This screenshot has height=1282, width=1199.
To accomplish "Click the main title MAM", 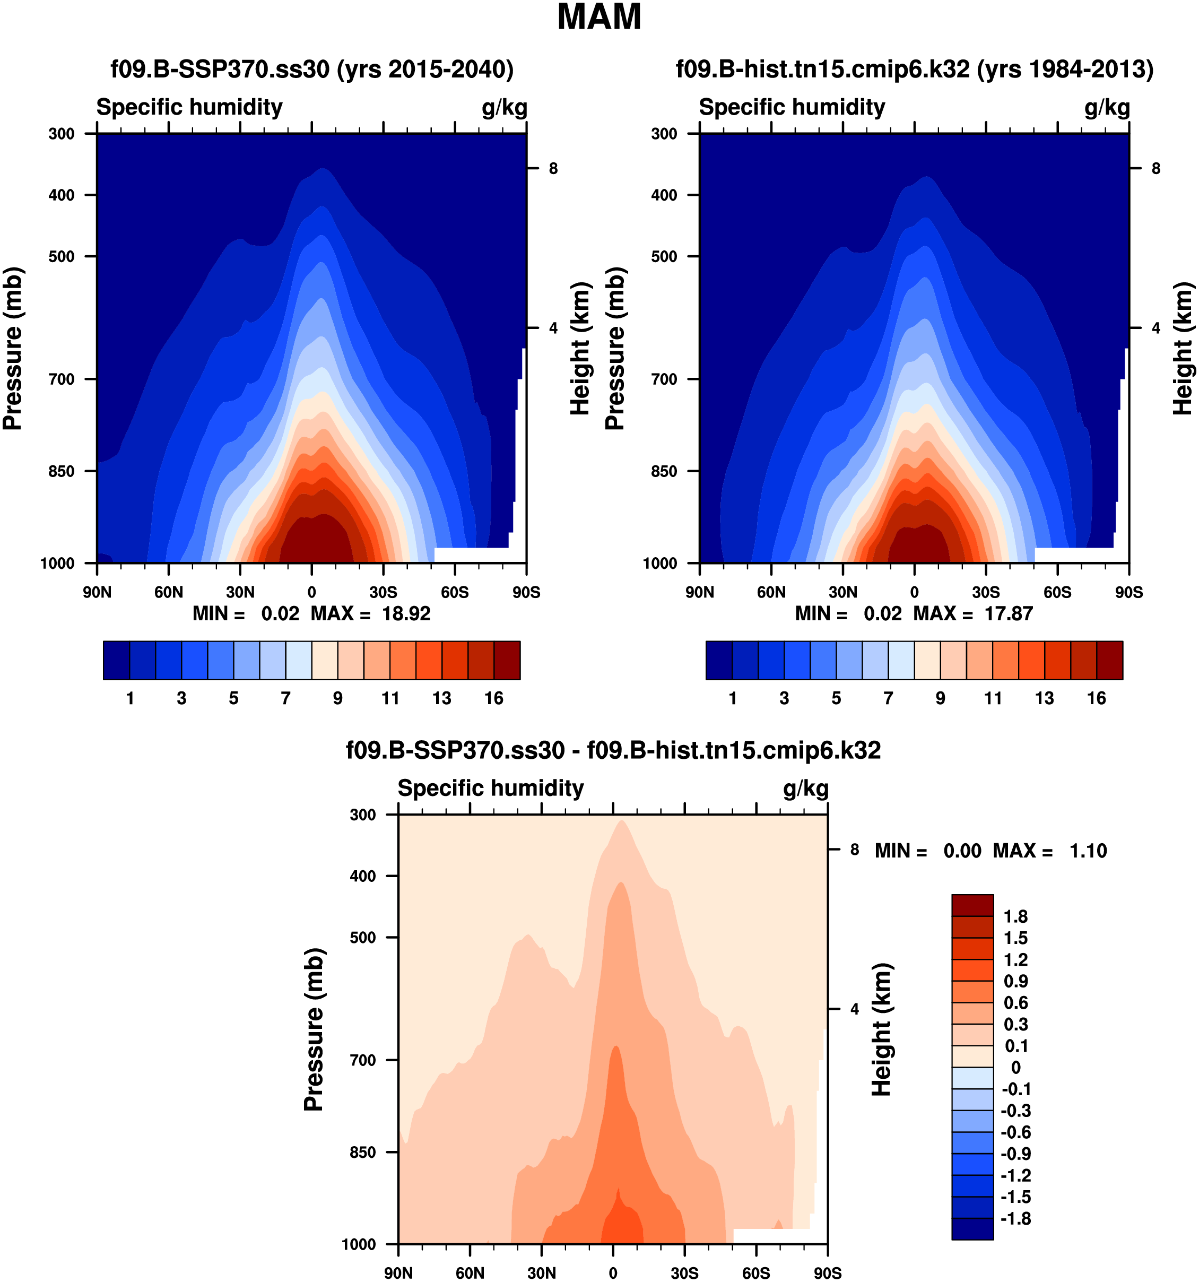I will click(599, 18).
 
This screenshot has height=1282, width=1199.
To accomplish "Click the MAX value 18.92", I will click(406, 613).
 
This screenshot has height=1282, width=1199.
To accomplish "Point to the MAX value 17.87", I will click(1009, 613).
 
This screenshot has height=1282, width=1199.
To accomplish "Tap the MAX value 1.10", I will click(1088, 851).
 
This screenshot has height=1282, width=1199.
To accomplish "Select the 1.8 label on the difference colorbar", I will click(1015, 916).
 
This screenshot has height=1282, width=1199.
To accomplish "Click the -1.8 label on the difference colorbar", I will click(1015, 1218).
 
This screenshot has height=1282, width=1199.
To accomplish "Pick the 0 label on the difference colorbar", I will click(1015, 1067).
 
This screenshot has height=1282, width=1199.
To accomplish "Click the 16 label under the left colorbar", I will click(494, 698).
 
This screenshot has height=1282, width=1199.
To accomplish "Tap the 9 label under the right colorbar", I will click(941, 698).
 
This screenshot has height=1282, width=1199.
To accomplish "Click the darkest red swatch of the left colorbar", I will click(507, 660).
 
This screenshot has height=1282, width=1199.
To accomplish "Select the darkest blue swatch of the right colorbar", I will click(719, 660).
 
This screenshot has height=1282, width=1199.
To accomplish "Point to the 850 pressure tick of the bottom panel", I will click(362, 1153).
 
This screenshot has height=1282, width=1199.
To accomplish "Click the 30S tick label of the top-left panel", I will click(383, 592).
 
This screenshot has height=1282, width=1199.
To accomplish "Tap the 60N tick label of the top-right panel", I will click(771, 592).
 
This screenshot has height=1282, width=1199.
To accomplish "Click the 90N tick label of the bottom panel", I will click(398, 1273).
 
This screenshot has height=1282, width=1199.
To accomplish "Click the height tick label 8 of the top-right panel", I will click(1156, 169).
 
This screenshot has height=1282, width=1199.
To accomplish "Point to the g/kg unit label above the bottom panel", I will click(805, 789).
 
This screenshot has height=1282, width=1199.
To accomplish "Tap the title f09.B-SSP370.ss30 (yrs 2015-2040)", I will click(312, 69).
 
